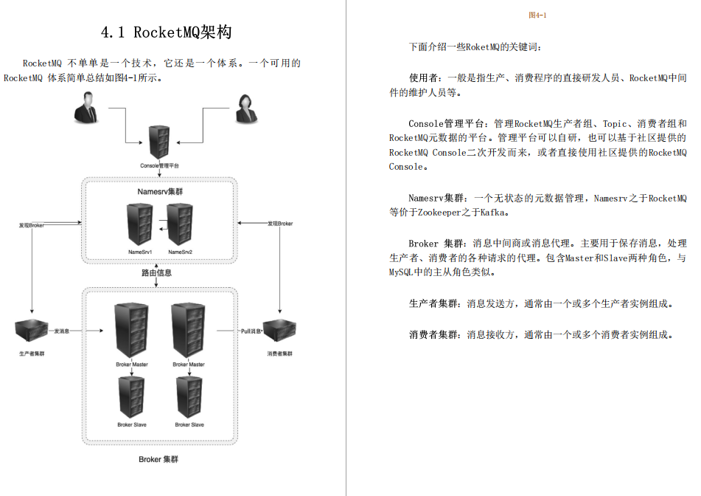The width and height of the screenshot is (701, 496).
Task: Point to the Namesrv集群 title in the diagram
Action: [x=160, y=192]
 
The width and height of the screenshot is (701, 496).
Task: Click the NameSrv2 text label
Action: [x=180, y=252]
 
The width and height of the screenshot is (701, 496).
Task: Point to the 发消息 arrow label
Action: [x=60, y=331]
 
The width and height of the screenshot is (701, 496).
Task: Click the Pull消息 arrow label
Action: [x=253, y=331]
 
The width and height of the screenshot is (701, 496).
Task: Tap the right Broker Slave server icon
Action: [x=190, y=398]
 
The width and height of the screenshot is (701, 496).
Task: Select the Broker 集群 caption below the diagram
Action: [x=158, y=459]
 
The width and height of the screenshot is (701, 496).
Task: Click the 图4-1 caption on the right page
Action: [x=537, y=15]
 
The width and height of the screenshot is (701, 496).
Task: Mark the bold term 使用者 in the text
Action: [x=426, y=78]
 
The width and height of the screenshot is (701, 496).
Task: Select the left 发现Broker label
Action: [x=32, y=224]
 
